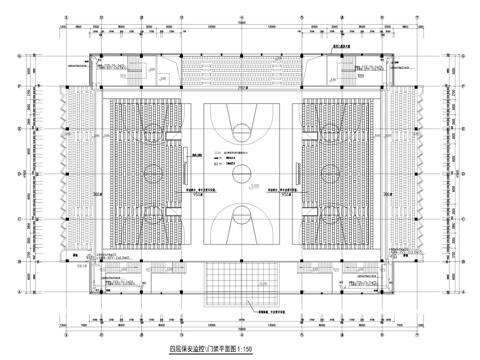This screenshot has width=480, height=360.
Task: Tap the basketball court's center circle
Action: point(240,172)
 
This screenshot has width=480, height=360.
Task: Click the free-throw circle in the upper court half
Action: point(240,130)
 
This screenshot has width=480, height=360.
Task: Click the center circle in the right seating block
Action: point(330,172)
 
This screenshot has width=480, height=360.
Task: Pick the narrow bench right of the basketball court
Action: point(287,172)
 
